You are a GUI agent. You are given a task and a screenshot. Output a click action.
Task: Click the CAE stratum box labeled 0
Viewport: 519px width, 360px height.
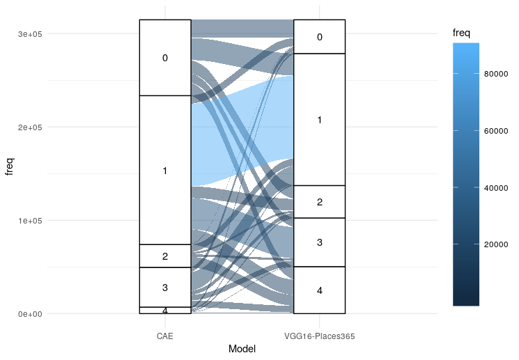coord(165,58)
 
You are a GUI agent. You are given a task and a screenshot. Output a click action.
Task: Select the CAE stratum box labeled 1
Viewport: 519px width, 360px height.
coord(165,170)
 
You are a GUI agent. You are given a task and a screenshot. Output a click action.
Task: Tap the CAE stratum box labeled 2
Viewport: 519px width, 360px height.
coord(165,256)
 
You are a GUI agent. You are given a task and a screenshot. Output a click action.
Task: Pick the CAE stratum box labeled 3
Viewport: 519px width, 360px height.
coord(165,287)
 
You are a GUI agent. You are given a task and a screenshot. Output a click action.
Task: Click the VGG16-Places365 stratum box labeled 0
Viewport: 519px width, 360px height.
coord(320,37)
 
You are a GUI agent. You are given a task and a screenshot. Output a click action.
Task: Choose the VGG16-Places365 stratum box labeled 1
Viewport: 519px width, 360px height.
coord(320,120)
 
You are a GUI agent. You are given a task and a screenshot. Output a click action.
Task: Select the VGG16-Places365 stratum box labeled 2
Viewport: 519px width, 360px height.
coord(320,202)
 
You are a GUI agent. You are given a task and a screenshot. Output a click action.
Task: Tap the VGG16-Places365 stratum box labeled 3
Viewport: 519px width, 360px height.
coord(320,242)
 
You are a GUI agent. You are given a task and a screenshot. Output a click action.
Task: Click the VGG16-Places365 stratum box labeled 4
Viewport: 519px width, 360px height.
coord(320,290)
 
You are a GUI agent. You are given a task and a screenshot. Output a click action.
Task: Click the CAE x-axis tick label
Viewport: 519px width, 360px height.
coord(165,336)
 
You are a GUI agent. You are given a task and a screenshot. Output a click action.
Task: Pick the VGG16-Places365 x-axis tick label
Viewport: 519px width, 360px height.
coord(320,336)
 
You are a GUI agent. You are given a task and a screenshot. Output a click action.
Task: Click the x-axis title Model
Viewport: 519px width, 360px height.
coord(242,350)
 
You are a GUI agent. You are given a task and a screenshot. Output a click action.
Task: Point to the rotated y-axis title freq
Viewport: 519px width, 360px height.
coord(10,167)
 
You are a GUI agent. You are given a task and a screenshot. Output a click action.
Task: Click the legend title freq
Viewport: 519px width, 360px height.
coord(458,31)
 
